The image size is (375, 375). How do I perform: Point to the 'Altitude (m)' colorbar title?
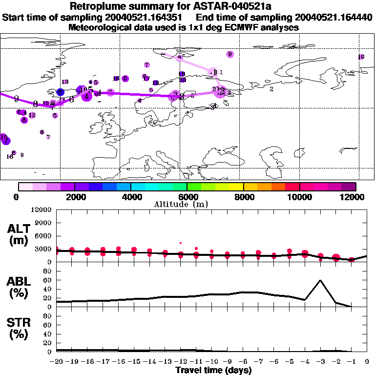[x=182, y=204]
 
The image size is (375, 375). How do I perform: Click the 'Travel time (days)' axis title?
[x=213, y=370]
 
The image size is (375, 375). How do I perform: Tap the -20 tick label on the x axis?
[x=57, y=362]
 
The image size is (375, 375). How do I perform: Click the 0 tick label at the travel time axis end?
[x=367, y=362]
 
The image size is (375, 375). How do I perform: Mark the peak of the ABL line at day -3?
[x=320, y=280]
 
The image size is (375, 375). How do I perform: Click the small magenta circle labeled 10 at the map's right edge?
[x=361, y=57]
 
